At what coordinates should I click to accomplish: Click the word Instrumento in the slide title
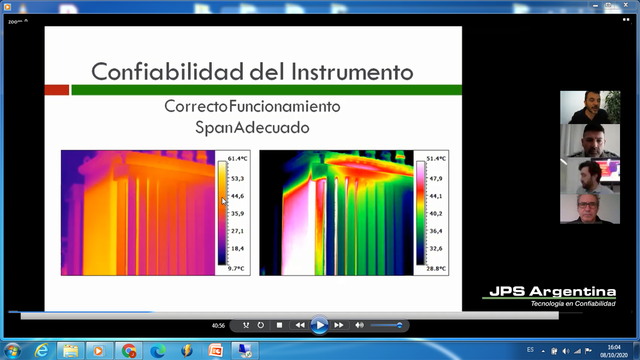[x=352, y=72]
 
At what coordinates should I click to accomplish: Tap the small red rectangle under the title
[x=56, y=90]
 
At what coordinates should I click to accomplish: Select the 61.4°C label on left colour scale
[x=238, y=158]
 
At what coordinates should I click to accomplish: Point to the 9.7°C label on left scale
[x=236, y=268]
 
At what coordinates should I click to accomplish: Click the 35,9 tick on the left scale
[x=238, y=213]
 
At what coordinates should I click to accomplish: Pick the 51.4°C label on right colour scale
[x=436, y=158]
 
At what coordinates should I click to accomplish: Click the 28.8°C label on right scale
[x=436, y=268]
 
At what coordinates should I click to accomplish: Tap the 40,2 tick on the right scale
[x=436, y=213]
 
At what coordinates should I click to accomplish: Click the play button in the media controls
[x=319, y=325]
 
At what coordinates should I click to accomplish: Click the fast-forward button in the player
[x=339, y=325]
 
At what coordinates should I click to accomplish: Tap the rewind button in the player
[x=300, y=325]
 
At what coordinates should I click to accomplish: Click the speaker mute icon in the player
[x=359, y=325]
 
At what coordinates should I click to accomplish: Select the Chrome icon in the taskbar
[x=129, y=350]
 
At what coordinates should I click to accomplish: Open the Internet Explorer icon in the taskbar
[x=42, y=350]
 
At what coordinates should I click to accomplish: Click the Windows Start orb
[x=13, y=350]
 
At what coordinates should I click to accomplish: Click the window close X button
[x=626, y=5]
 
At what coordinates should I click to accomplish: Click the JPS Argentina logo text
[x=552, y=292]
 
